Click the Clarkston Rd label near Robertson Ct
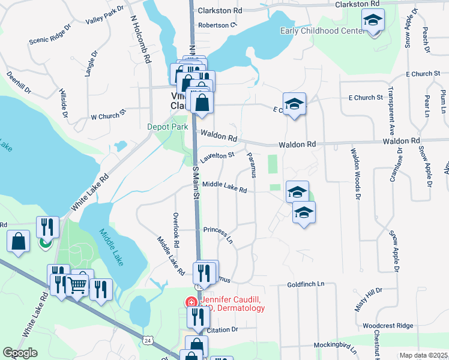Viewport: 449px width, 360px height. click(x=221, y=11)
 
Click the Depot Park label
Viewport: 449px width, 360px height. click(x=168, y=127)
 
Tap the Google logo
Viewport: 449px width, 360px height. click(x=20, y=353)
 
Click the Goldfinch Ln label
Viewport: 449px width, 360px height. click(x=305, y=284)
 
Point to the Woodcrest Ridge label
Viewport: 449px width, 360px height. click(x=388, y=326)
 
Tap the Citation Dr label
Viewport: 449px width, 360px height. click(x=222, y=329)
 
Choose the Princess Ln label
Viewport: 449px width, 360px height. click(x=218, y=233)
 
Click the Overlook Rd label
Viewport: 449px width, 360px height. click(x=176, y=231)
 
